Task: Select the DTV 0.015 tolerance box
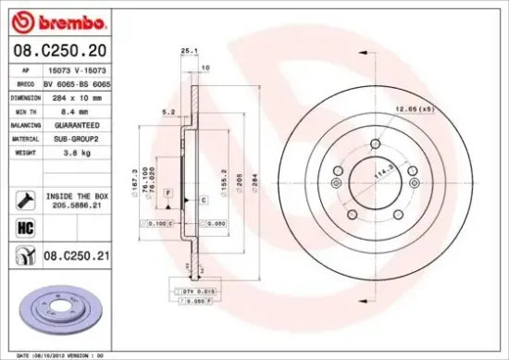[197, 290]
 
